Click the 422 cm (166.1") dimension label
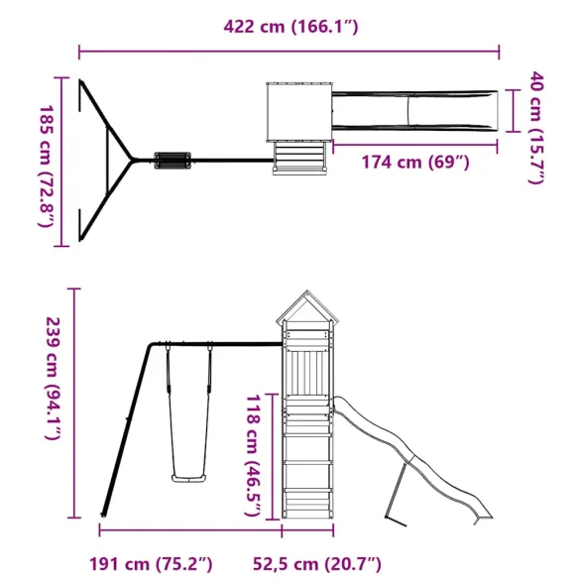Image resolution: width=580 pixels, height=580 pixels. (x=290, y=27)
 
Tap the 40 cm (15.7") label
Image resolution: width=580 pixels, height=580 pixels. (x=536, y=127)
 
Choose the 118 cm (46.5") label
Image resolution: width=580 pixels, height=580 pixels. (x=253, y=454)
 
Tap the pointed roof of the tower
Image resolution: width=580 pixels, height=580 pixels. (x=304, y=310)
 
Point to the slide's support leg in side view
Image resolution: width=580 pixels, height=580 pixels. (x=396, y=494)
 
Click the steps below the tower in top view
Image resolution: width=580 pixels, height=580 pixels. (x=299, y=160)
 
